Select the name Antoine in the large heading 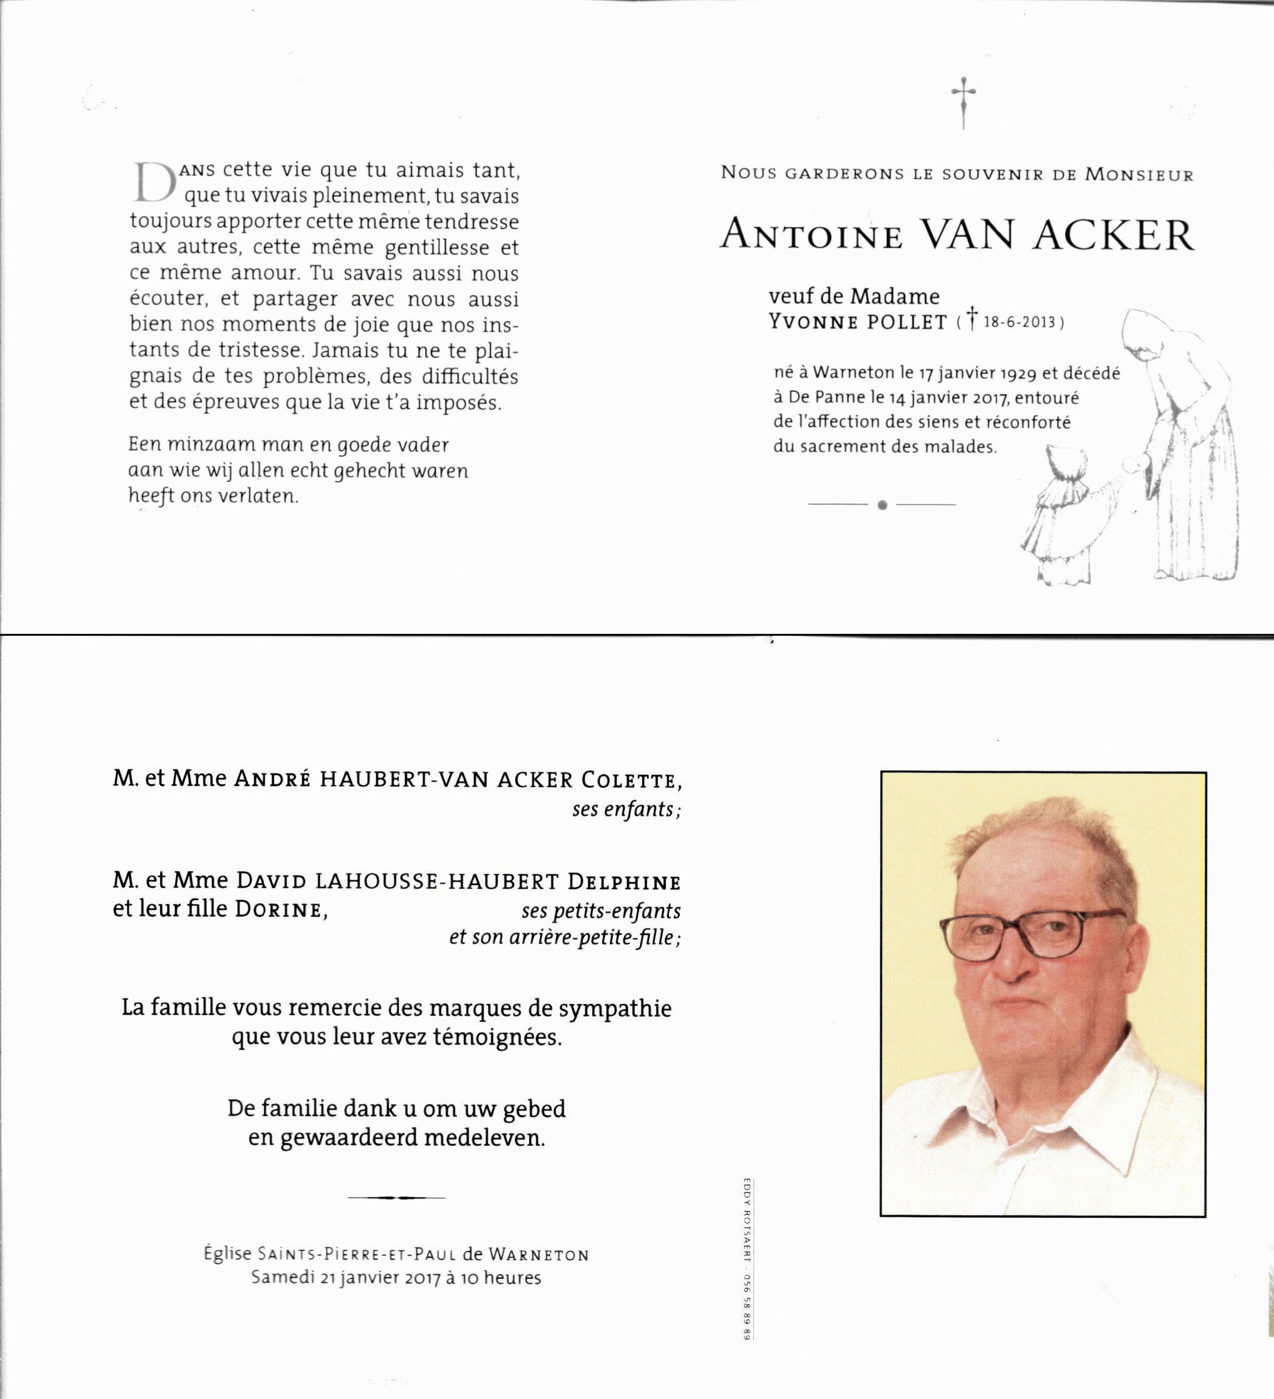point(811,234)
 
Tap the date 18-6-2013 point(1020,323)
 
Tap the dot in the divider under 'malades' point(882,505)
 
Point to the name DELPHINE point(624,882)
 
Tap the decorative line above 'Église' point(396,1197)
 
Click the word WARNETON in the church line point(539,1255)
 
